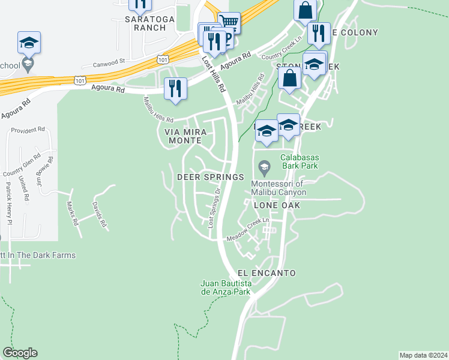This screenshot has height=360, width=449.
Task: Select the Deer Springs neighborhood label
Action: (211, 177)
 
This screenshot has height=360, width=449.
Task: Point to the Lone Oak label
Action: (276, 205)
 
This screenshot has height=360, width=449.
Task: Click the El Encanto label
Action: (267, 273)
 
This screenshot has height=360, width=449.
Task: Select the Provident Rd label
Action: (28, 129)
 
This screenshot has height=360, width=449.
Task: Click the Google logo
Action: (20, 353)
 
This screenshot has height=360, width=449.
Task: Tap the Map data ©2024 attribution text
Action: (423, 355)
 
